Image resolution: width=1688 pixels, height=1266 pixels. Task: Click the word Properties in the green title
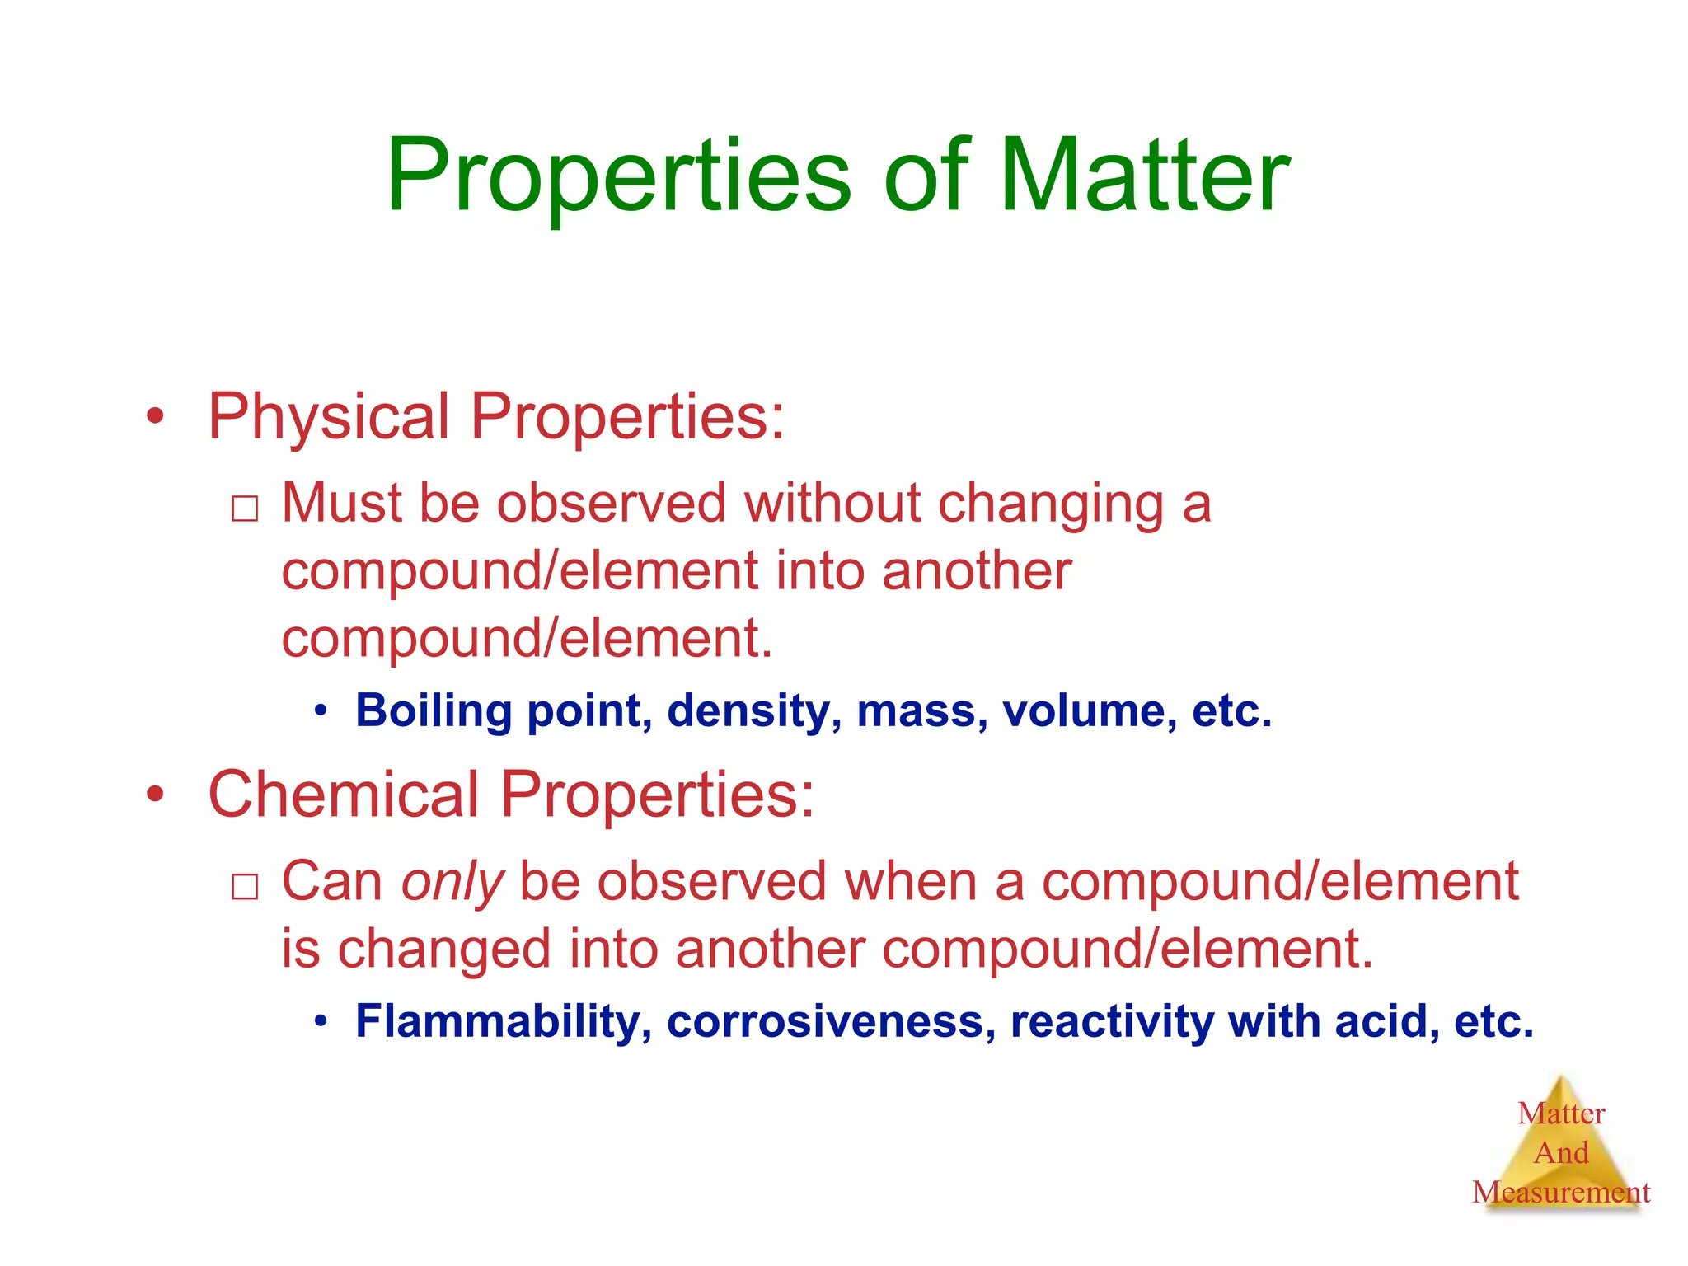[618, 177]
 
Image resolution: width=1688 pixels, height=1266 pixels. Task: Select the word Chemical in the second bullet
[344, 795]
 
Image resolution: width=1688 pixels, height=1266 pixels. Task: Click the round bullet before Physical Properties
[155, 416]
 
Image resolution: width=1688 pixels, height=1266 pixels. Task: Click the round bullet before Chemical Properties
[155, 795]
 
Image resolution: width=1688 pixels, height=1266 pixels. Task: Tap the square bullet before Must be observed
[245, 509]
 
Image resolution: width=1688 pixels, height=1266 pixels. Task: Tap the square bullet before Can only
[245, 887]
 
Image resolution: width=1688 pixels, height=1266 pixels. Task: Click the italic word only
[452, 882]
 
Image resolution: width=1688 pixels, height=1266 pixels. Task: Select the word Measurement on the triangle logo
[1560, 1192]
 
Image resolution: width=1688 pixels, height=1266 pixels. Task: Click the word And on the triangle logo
[1561, 1152]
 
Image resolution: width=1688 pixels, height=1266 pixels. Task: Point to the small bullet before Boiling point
[321, 710]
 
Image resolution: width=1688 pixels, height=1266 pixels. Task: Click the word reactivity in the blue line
[1112, 1022]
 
